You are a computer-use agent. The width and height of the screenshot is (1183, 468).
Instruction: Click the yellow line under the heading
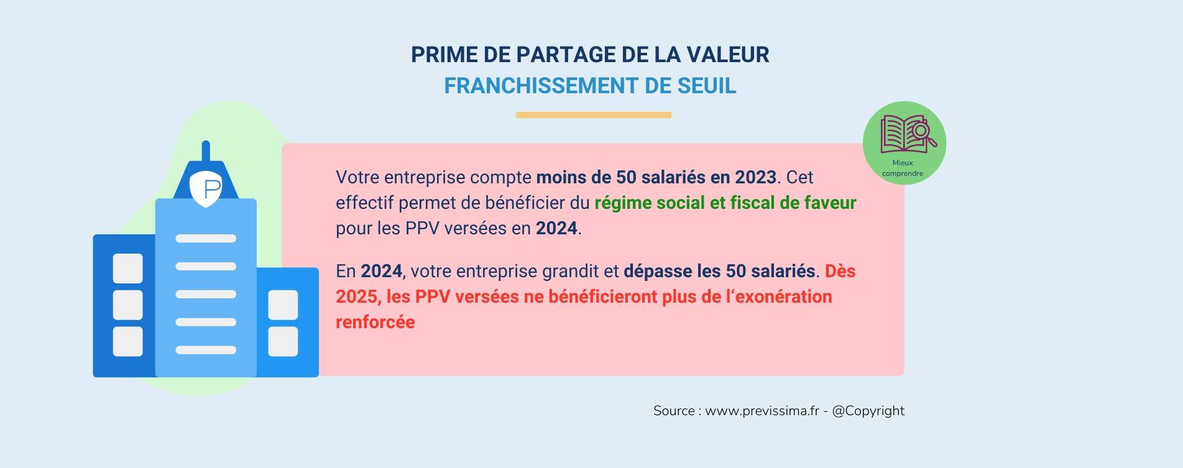pyautogui.click(x=593, y=115)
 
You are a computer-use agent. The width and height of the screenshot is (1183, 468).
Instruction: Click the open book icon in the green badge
pyautogui.click(x=908, y=134)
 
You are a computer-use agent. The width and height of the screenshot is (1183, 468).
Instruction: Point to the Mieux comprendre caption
pyautogui.click(x=903, y=168)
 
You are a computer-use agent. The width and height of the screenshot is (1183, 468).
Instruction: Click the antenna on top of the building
pyautogui.click(x=206, y=152)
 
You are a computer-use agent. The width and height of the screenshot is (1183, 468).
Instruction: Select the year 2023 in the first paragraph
pyautogui.click(x=755, y=177)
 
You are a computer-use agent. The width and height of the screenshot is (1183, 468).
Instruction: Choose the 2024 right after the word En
pyautogui.click(x=381, y=271)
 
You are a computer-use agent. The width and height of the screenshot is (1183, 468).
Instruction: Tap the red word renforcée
pyautogui.click(x=375, y=322)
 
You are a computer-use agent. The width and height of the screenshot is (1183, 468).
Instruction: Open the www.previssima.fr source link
pyautogui.click(x=762, y=411)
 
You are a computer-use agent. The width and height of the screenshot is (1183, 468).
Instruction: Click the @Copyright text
pyautogui.click(x=868, y=411)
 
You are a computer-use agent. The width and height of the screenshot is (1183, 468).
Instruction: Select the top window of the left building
pyautogui.click(x=128, y=268)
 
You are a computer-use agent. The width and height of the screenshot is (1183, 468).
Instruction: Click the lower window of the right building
pyautogui.click(x=283, y=342)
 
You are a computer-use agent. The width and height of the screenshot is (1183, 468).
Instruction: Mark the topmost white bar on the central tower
pyautogui.click(x=206, y=239)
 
